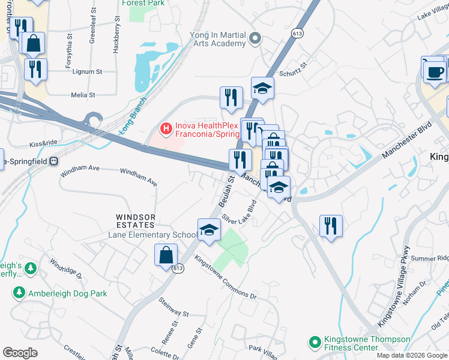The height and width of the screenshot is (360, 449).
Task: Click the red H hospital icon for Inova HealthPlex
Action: click(165, 128)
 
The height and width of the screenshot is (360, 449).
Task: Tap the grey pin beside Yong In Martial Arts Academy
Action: click(255, 39)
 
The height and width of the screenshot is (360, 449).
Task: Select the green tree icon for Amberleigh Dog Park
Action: click(19, 293)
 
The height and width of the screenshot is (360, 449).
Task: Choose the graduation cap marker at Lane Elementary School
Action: click(209, 230)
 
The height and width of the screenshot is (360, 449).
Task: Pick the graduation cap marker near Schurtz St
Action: click(262, 89)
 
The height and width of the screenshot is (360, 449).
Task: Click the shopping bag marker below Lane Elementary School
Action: click(166, 256)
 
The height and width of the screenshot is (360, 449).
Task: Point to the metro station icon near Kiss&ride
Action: click(53, 161)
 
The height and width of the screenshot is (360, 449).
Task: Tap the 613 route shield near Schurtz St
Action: click(298, 32)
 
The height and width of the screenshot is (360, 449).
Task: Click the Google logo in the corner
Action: click(20, 353)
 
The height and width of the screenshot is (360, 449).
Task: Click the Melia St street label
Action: click(83, 95)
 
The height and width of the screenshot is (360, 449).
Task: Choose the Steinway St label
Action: click(173, 307)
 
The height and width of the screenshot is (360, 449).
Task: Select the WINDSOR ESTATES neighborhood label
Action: click(136, 220)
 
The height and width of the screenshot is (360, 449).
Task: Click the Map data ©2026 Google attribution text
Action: click(412, 355)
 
